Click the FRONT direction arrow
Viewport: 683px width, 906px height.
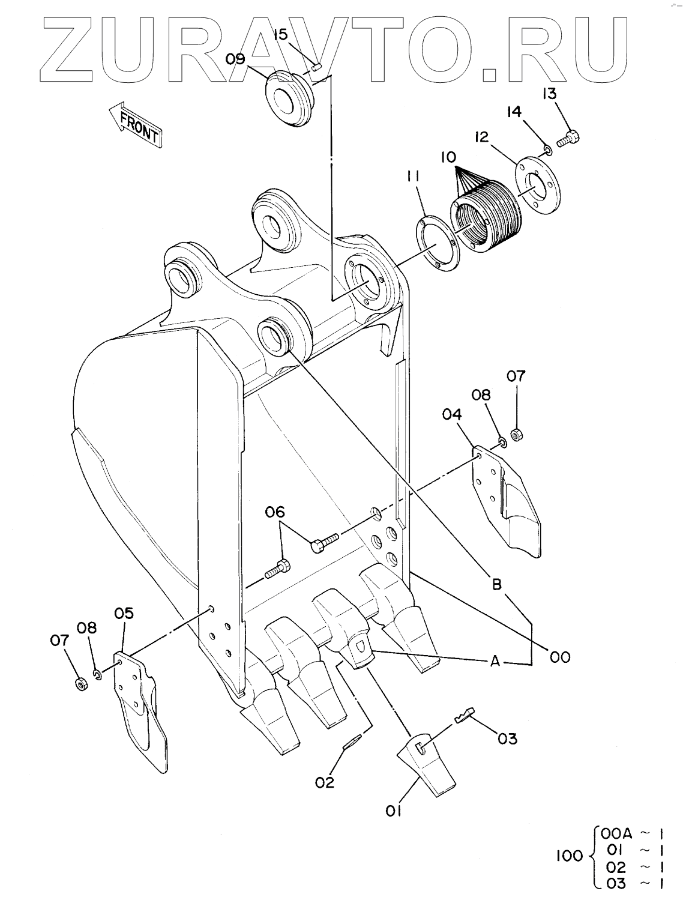[x=135, y=124]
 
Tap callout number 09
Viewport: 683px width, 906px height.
[x=235, y=59]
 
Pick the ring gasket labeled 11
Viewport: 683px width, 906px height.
[x=438, y=245]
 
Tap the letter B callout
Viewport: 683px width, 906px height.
[x=497, y=584]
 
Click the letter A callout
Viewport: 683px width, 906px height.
[x=496, y=662]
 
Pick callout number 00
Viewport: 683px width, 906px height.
[x=560, y=657]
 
